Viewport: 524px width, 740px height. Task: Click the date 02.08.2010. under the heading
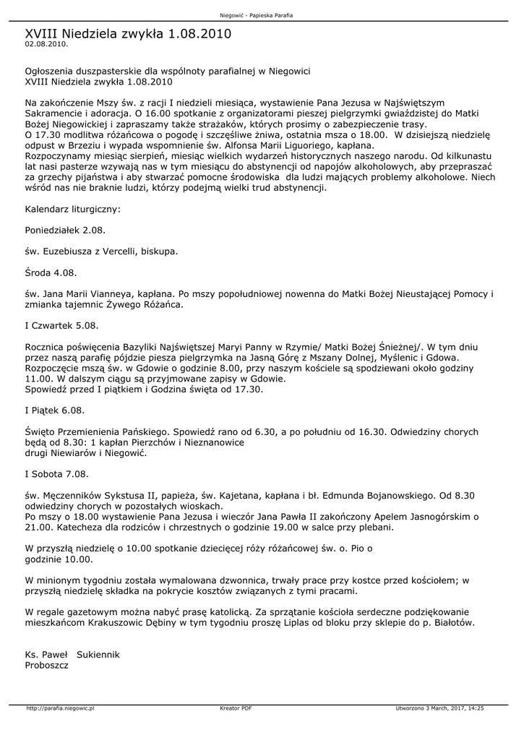[x=46, y=44]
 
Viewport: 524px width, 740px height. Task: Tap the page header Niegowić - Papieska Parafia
[x=262, y=15]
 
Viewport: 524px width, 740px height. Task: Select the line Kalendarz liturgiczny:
[x=72, y=209]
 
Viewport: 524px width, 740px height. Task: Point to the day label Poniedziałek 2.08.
[x=65, y=230]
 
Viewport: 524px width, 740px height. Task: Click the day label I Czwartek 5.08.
[x=61, y=326]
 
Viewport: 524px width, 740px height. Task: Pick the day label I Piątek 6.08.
[x=54, y=410]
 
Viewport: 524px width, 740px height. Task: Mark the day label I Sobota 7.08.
[x=56, y=474]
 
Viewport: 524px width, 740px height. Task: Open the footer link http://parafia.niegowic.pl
[x=61, y=708]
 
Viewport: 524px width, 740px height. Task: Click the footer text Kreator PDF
[x=236, y=708]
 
